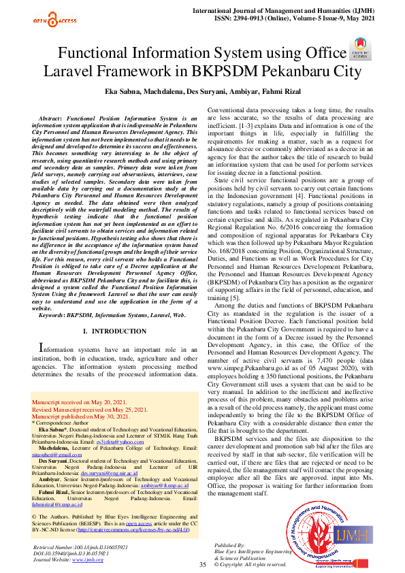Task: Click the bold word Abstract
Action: click(56, 118)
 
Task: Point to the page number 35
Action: click(202, 565)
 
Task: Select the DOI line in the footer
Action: click(70, 554)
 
